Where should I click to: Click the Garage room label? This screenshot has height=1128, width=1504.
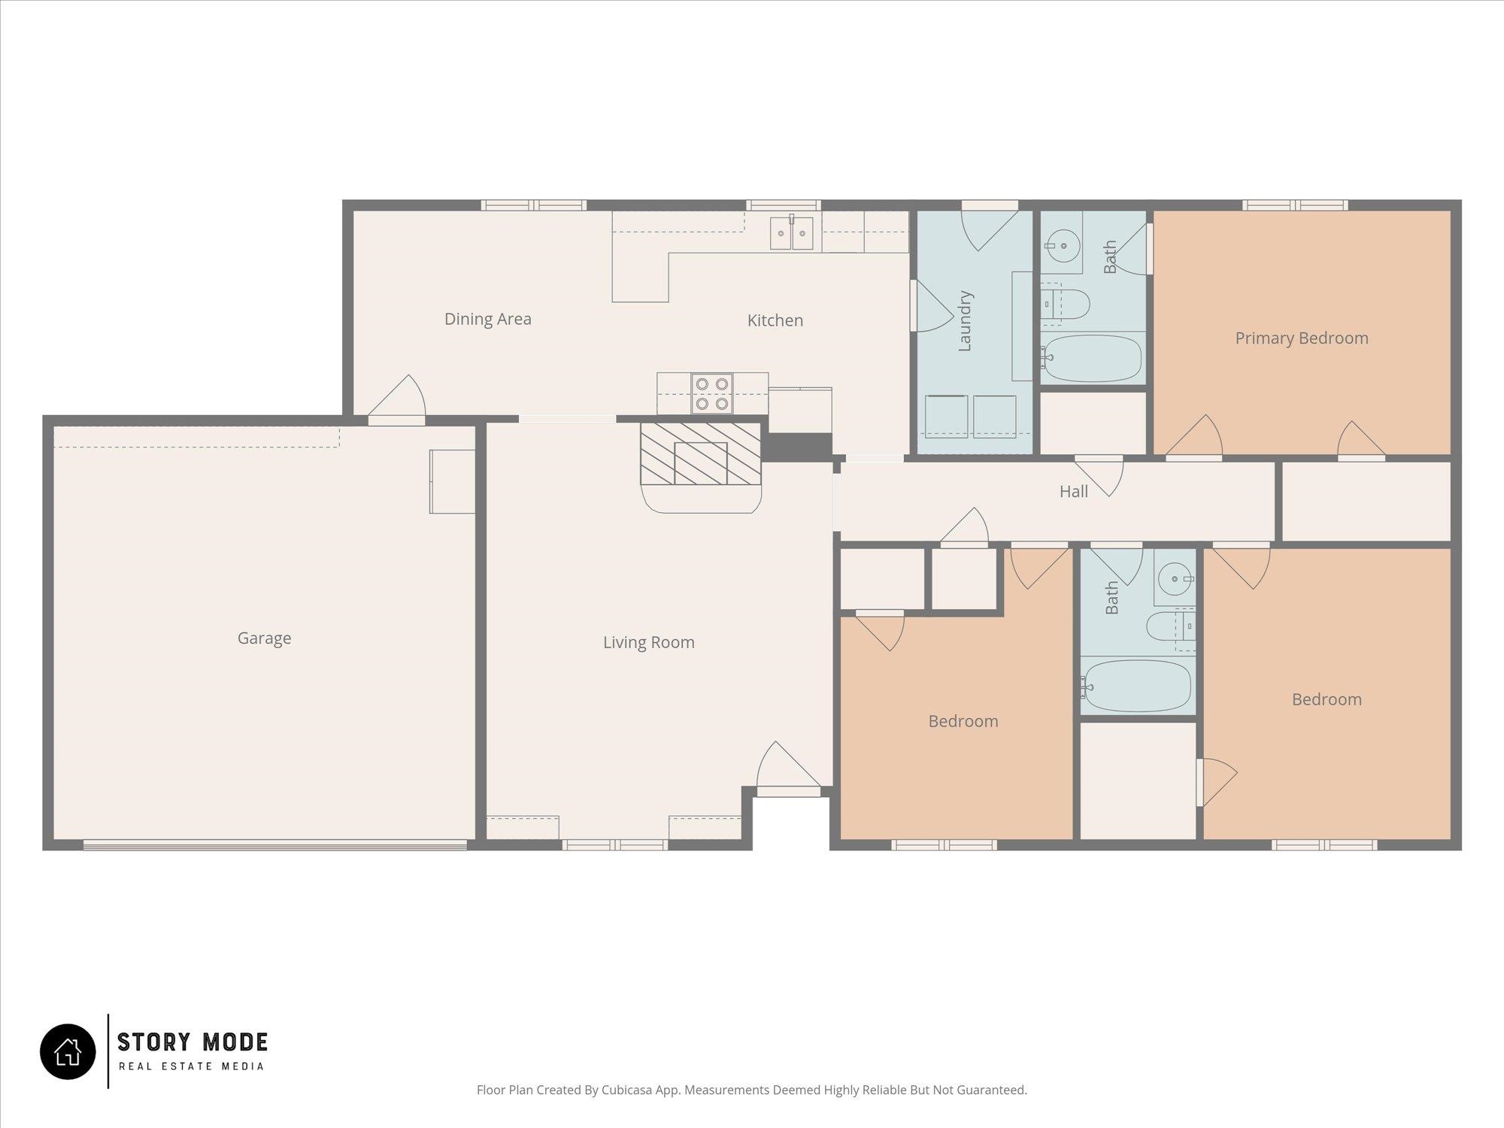click(x=264, y=638)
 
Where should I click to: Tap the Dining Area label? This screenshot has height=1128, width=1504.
click(x=487, y=319)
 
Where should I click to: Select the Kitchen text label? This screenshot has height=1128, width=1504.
click(x=775, y=320)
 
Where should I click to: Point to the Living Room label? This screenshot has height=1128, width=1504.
click(x=648, y=642)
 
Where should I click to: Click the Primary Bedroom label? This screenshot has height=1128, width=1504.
click(x=1302, y=338)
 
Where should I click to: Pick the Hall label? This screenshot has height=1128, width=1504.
click(x=1073, y=492)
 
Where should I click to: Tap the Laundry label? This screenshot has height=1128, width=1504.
click(x=966, y=321)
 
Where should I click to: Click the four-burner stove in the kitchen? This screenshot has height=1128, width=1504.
click(x=711, y=394)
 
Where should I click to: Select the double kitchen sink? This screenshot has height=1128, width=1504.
click(x=791, y=232)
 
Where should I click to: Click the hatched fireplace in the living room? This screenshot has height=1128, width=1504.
click(x=700, y=453)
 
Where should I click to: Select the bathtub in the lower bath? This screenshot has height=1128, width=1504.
click(x=1136, y=685)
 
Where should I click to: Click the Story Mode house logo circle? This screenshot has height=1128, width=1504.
click(x=68, y=1051)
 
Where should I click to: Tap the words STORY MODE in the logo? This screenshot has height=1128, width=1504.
click(x=193, y=1042)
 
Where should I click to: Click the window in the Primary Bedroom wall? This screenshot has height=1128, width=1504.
click(x=1295, y=205)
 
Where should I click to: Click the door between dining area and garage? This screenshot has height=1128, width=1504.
click(x=397, y=399)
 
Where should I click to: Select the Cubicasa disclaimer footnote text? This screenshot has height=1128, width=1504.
click(x=752, y=1090)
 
